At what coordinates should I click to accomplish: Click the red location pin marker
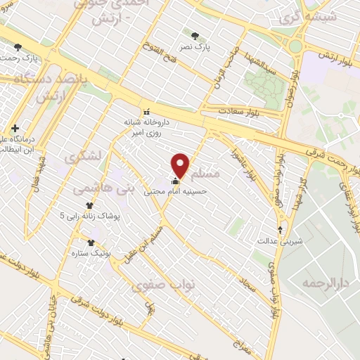point(181,165)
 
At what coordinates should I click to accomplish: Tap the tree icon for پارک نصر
point(195,33)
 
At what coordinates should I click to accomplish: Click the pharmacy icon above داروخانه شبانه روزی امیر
point(147,111)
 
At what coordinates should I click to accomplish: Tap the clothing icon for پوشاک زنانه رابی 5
point(90,205)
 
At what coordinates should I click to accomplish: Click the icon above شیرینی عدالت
point(281,229)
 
